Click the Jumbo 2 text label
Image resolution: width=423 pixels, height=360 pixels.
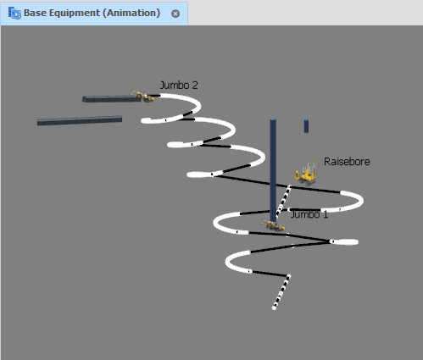tap(179, 86)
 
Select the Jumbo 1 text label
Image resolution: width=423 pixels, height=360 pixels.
tap(309, 214)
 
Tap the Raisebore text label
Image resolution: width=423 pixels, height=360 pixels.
tap(347, 162)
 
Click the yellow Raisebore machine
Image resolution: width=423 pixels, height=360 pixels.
tap(306, 174)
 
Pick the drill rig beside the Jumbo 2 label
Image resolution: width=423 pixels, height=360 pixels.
tap(142, 97)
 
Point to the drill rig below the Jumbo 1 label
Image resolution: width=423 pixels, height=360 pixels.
tap(272, 225)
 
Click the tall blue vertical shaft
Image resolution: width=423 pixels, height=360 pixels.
tap(273, 170)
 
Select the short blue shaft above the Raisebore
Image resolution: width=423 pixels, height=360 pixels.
tap(306, 126)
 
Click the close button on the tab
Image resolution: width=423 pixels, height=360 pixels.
tap(175, 14)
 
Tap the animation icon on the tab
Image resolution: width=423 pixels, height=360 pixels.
tap(14, 13)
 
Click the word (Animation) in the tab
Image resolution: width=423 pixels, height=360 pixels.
tap(131, 13)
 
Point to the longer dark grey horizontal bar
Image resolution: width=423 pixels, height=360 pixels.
tap(80, 120)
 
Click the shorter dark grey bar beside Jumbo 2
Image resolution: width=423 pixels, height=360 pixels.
tap(111, 99)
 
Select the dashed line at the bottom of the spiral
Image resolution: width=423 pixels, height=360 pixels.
tap(281, 292)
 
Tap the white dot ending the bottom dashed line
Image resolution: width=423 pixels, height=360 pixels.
tap(274, 308)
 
